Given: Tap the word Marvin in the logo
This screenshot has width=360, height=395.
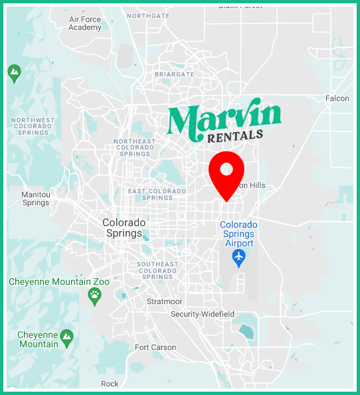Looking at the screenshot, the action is (224, 120).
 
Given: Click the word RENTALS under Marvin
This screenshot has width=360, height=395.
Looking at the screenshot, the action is (235, 137).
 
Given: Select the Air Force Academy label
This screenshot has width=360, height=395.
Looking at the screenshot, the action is (85, 23).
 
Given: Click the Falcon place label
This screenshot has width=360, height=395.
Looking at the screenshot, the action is (337, 99).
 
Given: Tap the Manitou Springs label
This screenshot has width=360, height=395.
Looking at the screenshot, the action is (36, 198).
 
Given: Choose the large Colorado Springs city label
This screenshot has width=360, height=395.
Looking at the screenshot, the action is (123, 228).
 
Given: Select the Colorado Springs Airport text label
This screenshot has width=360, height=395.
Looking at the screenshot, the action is (238, 234).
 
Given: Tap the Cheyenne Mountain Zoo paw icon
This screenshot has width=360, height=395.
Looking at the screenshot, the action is (95, 295).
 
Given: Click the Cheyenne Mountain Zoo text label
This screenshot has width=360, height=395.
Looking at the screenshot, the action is (59, 282).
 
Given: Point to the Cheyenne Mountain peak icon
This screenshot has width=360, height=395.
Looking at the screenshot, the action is (66, 339).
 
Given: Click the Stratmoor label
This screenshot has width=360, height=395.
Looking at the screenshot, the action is (163, 301).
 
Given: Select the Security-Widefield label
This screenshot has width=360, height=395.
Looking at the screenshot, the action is (203, 314).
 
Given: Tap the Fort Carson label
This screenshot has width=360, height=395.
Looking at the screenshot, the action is (155, 347).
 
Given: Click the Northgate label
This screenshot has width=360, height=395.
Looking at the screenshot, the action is (148, 16).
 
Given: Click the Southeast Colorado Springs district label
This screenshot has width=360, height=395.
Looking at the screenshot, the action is (157, 270).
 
